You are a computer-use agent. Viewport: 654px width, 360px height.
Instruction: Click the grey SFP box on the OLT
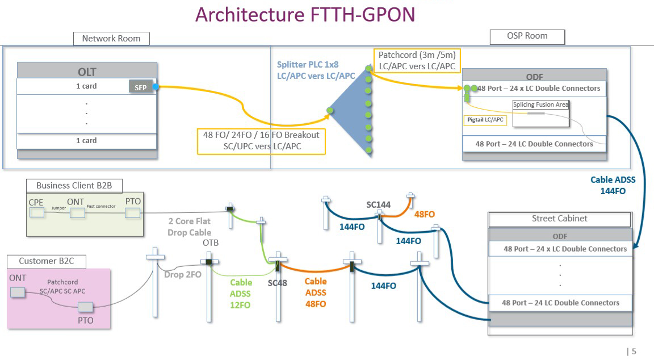[x=141, y=87]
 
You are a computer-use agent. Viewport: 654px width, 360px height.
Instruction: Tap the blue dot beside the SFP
[x=156, y=87]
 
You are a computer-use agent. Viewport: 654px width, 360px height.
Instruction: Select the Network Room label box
[x=111, y=39]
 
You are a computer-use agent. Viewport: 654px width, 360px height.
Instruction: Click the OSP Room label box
[x=527, y=36]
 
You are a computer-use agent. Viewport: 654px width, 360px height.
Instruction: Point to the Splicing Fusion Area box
[x=540, y=113]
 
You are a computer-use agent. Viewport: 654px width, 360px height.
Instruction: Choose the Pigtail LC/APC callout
[x=485, y=120]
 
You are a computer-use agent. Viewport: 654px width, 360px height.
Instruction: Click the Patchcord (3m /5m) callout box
[x=417, y=61]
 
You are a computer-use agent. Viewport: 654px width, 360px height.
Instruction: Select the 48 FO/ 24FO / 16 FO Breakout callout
[x=261, y=141]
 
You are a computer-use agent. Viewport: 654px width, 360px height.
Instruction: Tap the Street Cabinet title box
[x=559, y=219]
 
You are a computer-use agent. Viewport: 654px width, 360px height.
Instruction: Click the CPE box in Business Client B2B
[x=37, y=213]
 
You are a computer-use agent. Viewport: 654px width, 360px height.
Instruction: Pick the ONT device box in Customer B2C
[x=18, y=292]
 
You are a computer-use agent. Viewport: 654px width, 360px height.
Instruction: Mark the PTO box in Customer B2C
[x=86, y=307]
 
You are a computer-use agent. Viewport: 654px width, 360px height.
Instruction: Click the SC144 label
[x=378, y=205]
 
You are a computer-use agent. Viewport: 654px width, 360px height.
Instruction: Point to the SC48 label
[x=278, y=283]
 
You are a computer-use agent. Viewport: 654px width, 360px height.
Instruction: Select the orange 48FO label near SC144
[x=424, y=215]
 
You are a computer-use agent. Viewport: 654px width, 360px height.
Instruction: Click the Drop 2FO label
[x=183, y=274]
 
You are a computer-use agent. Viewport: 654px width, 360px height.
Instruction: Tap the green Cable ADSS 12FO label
[x=241, y=294]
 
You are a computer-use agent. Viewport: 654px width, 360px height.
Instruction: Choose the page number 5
[x=634, y=351]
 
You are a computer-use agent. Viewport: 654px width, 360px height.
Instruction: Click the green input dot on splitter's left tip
[x=330, y=111]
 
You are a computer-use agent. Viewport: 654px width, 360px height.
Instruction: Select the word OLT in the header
[x=87, y=72]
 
